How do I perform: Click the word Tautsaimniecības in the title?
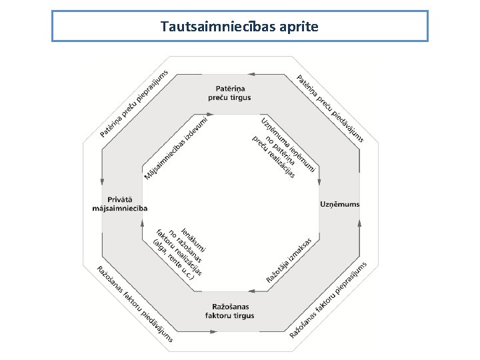[x=218, y=26]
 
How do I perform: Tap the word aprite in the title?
[x=299, y=27]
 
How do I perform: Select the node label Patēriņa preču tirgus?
[x=229, y=93]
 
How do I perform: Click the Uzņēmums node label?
[x=340, y=204]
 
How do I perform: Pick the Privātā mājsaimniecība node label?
[x=120, y=204]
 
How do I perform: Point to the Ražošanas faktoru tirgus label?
[x=229, y=311]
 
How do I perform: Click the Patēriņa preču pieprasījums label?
[x=134, y=103]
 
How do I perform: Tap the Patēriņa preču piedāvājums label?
[x=330, y=109]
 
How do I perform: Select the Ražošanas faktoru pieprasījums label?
[x=328, y=300]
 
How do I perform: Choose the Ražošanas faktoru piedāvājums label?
[x=135, y=304]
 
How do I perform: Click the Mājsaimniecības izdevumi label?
[x=176, y=149]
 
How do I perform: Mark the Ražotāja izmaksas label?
[x=289, y=261]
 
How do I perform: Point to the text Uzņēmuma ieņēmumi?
[x=288, y=145]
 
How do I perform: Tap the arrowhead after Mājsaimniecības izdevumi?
[x=210, y=114]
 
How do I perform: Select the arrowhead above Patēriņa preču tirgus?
[x=251, y=74]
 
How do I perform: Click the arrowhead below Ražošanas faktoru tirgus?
[x=214, y=331]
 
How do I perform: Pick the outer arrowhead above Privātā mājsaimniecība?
[x=102, y=181]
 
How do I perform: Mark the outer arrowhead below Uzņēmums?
[x=360, y=223]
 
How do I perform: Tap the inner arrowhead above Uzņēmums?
[x=319, y=182]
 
